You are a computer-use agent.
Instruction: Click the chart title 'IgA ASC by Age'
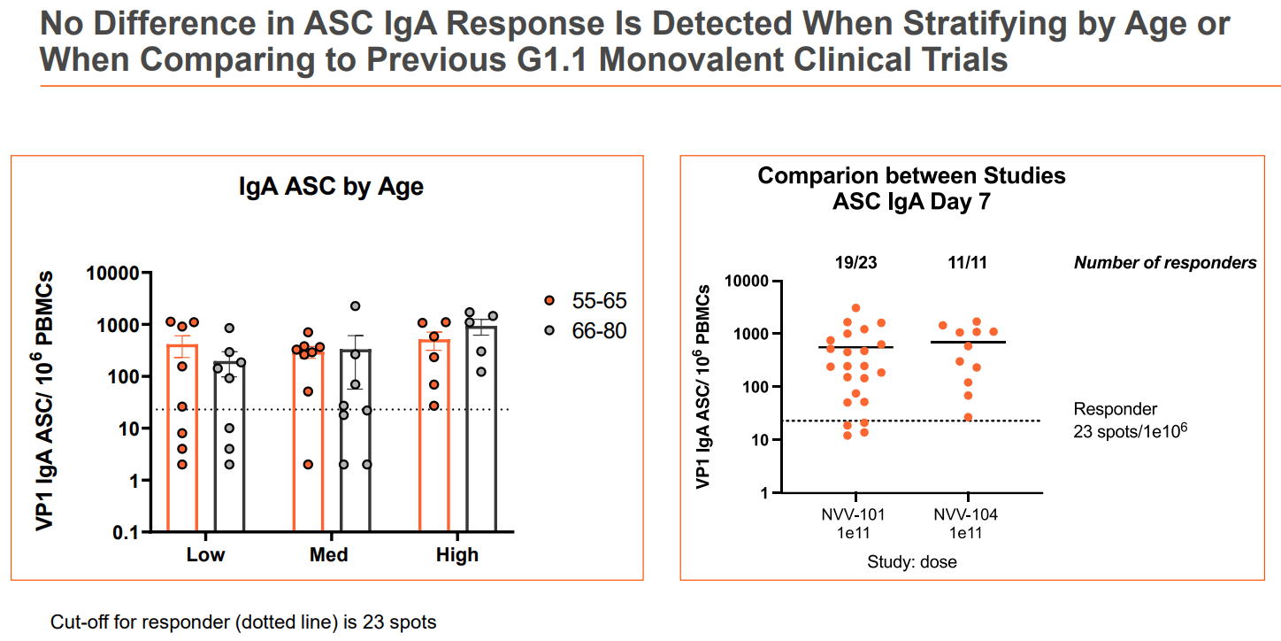[331, 187]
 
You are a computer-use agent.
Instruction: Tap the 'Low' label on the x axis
[205, 555]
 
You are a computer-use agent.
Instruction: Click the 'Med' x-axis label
[328, 555]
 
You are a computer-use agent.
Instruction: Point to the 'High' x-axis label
[457, 555]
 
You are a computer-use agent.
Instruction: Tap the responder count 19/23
[855, 262]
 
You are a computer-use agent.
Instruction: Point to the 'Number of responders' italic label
[1165, 263]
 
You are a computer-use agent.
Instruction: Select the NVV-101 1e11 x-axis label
[855, 523]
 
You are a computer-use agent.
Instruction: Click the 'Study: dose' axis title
[911, 561]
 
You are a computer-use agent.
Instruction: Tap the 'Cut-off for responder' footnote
[243, 622]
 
